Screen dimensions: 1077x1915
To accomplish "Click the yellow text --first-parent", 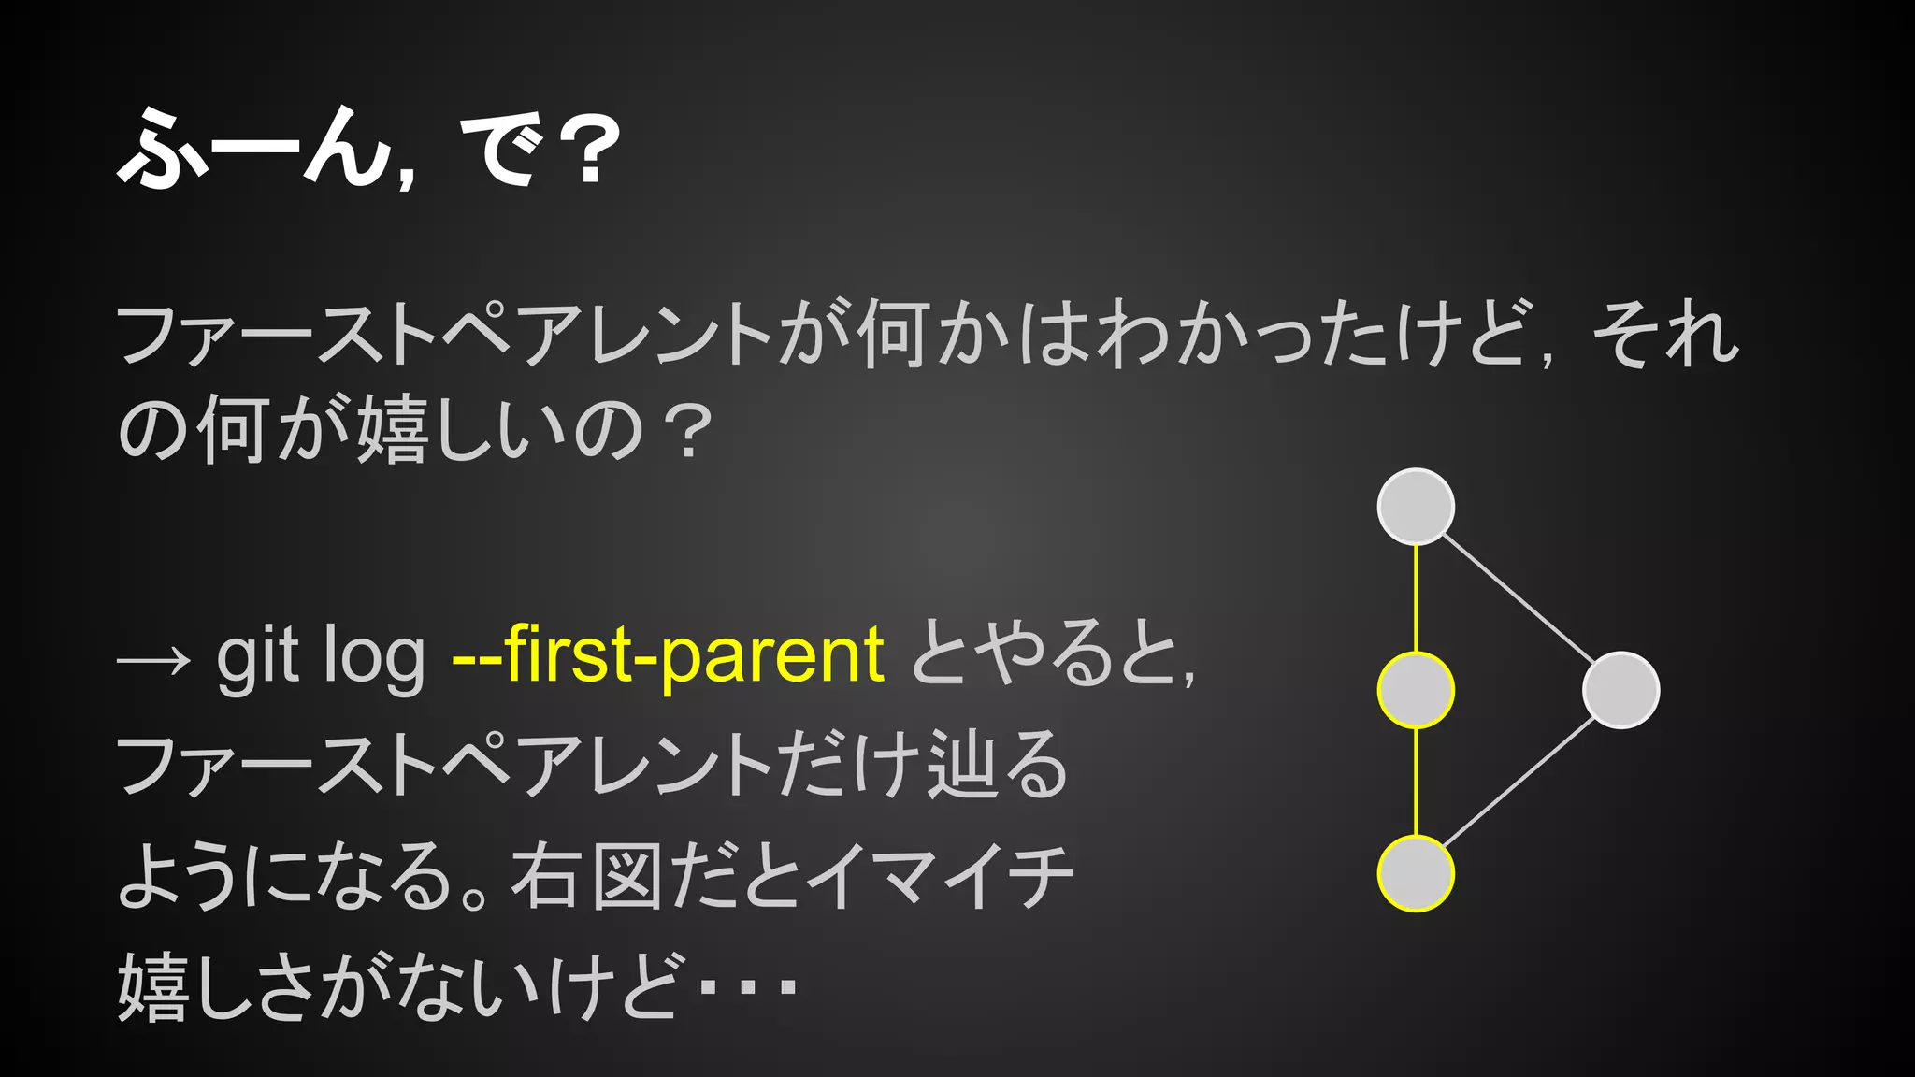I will tap(668, 656).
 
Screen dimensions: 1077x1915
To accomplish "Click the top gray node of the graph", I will tap(1416, 507).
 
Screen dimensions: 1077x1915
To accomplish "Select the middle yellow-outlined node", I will tap(1416, 690).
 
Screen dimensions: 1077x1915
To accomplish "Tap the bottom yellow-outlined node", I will tap(1416, 873).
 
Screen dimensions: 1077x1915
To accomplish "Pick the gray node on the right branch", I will tap(1620, 690).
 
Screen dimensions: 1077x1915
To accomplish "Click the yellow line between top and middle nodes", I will tap(1416, 598).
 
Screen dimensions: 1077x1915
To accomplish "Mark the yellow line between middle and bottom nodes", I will tap(1416, 782).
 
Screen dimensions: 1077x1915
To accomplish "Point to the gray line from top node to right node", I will tap(1519, 598).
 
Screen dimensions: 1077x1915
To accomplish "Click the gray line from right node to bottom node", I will tap(1519, 782).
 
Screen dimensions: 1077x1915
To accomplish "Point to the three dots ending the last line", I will tap(748, 986).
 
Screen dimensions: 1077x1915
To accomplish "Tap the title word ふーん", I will tap(252, 150).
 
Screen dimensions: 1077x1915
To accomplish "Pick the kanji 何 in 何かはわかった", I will tap(892, 334).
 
